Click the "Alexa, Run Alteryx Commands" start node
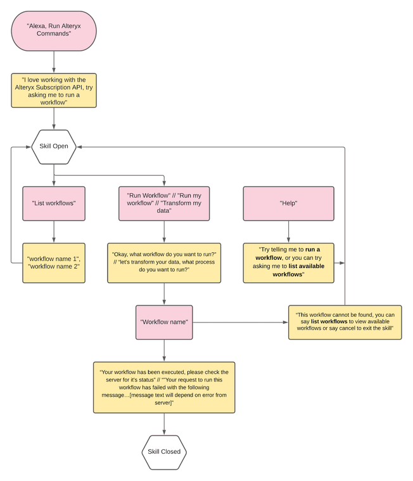[x=54, y=30]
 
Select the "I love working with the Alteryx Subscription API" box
[x=54, y=90]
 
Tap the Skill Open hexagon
[x=54, y=146]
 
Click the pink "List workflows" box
[x=54, y=203]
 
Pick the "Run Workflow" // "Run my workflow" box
[x=164, y=203]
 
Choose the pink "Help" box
[x=289, y=203]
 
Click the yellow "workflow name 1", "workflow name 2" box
[x=54, y=262]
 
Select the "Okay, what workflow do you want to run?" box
[x=164, y=262]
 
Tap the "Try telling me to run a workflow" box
[x=289, y=262]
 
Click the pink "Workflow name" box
[x=164, y=322]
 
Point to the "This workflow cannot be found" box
[x=345, y=322]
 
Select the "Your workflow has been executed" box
[x=164, y=388]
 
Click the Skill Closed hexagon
[x=164, y=452]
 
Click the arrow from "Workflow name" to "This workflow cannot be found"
[x=241, y=322]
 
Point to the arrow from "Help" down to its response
[x=289, y=232]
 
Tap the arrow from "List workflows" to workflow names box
[x=54, y=232]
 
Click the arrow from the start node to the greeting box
[x=54, y=61]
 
